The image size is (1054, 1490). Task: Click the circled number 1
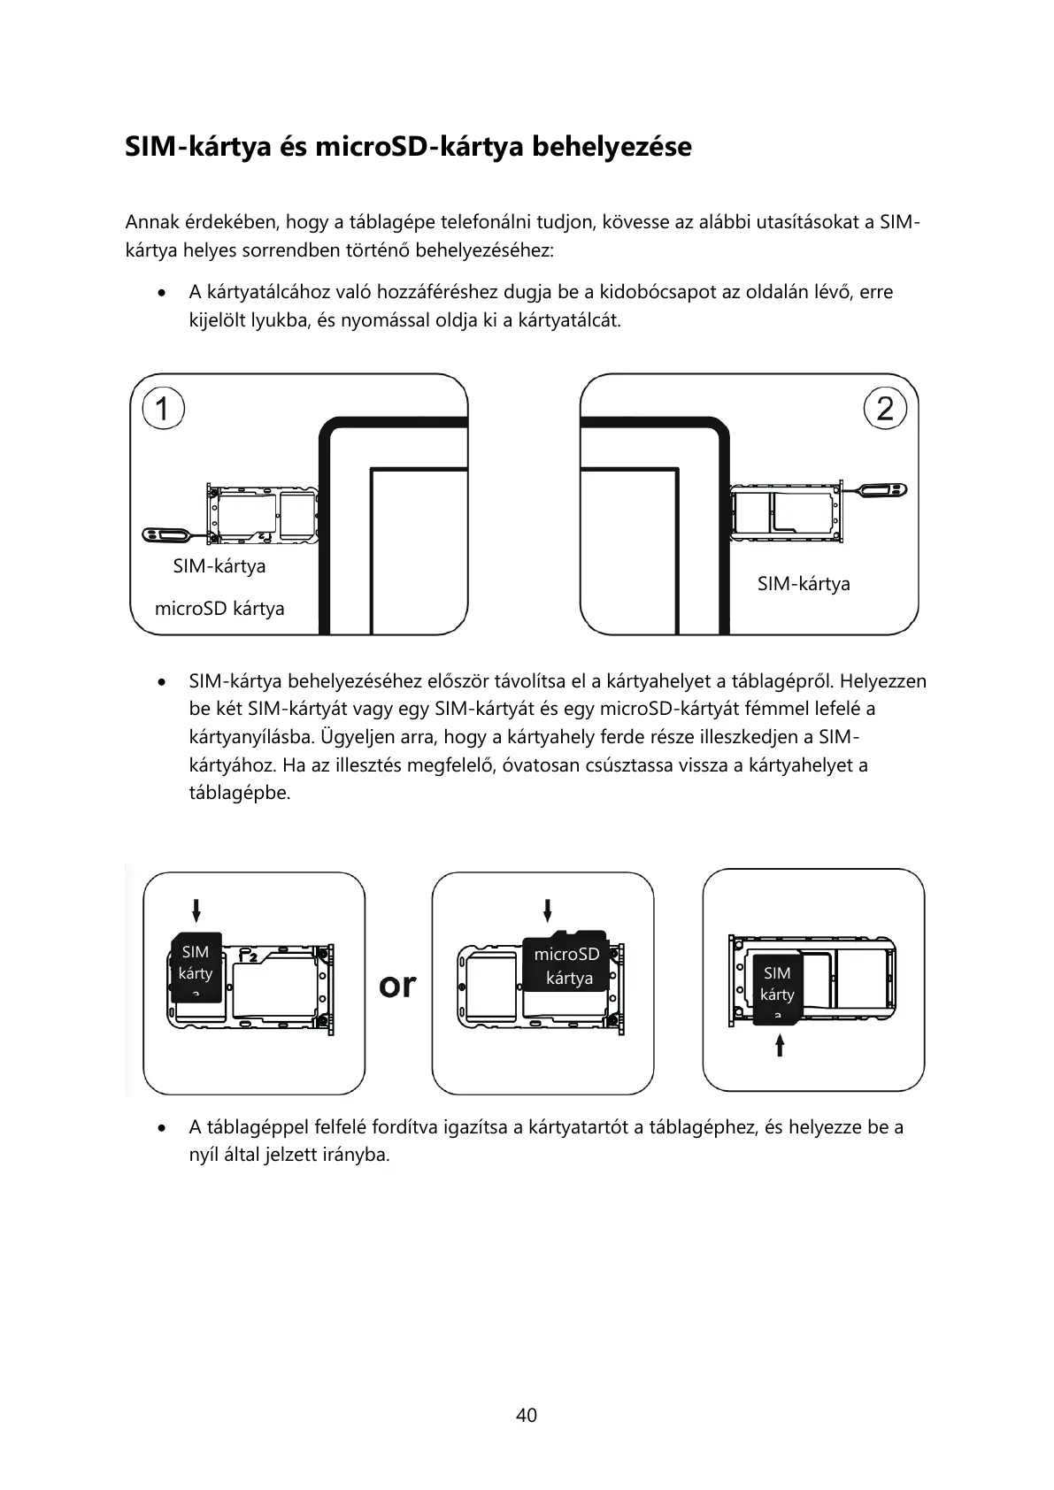[x=162, y=410]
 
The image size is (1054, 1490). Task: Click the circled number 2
[x=885, y=409]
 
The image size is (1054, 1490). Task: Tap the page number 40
[x=527, y=1415]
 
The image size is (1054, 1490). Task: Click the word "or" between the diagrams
[x=397, y=985]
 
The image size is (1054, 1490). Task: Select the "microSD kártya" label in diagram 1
[x=219, y=609]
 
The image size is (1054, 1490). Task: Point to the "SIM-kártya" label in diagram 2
[x=804, y=584]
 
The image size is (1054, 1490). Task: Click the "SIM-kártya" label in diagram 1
[x=219, y=566]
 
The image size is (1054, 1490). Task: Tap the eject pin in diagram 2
[x=881, y=488]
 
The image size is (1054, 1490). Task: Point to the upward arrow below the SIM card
[x=780, y=1047]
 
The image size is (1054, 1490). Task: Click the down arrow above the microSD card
[x=549, y=910]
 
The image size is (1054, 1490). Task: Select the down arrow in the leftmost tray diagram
[x=196, y=910]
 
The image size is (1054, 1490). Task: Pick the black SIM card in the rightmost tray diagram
[x=777, y=988]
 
